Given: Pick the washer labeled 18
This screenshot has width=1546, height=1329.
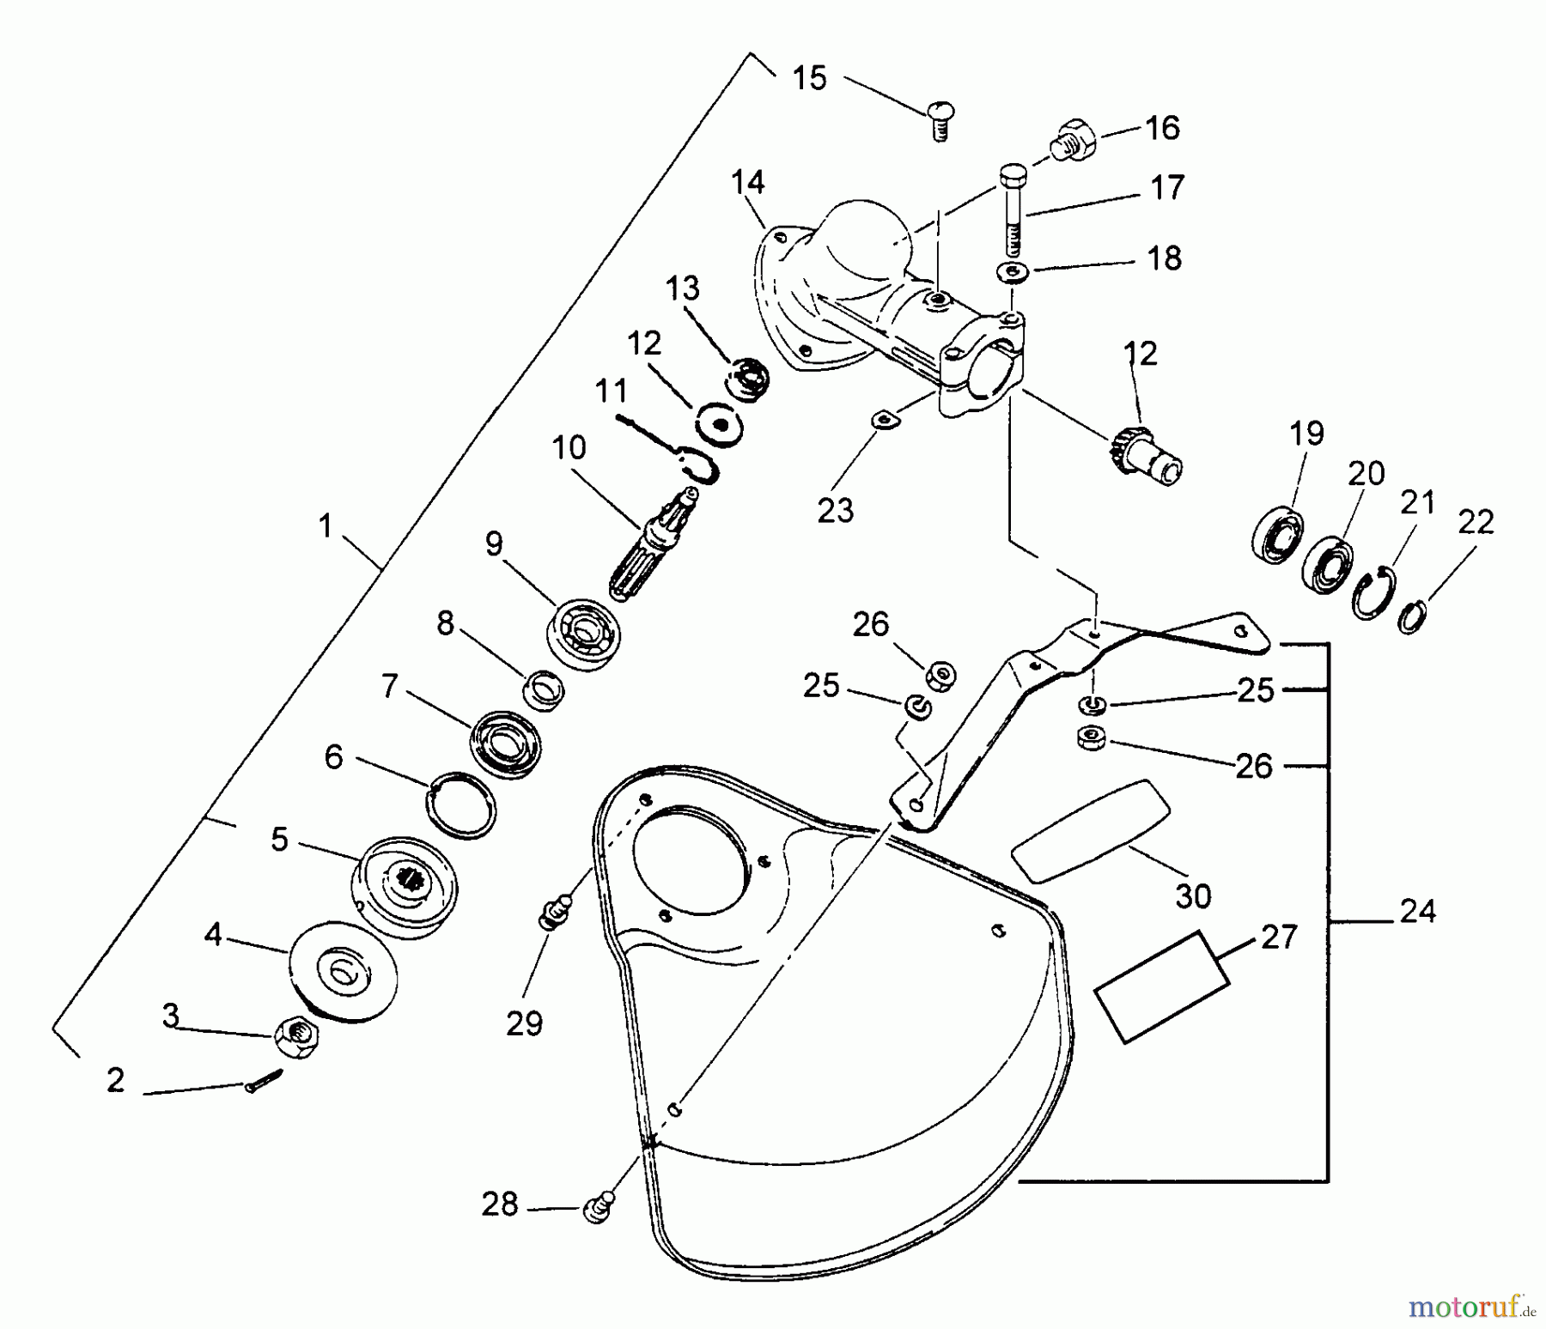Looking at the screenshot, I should tap(1013, 273).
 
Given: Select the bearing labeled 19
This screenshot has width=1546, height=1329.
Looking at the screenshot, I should tap(1278, 536).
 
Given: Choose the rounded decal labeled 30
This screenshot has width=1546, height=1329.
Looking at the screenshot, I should tap(1091, 830).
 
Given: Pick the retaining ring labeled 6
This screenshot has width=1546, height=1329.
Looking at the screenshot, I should tap(463, 803).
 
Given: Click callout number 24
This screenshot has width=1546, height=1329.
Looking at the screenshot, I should tap(1416, 911).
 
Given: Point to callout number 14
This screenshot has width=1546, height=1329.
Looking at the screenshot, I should tap(747, 183).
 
